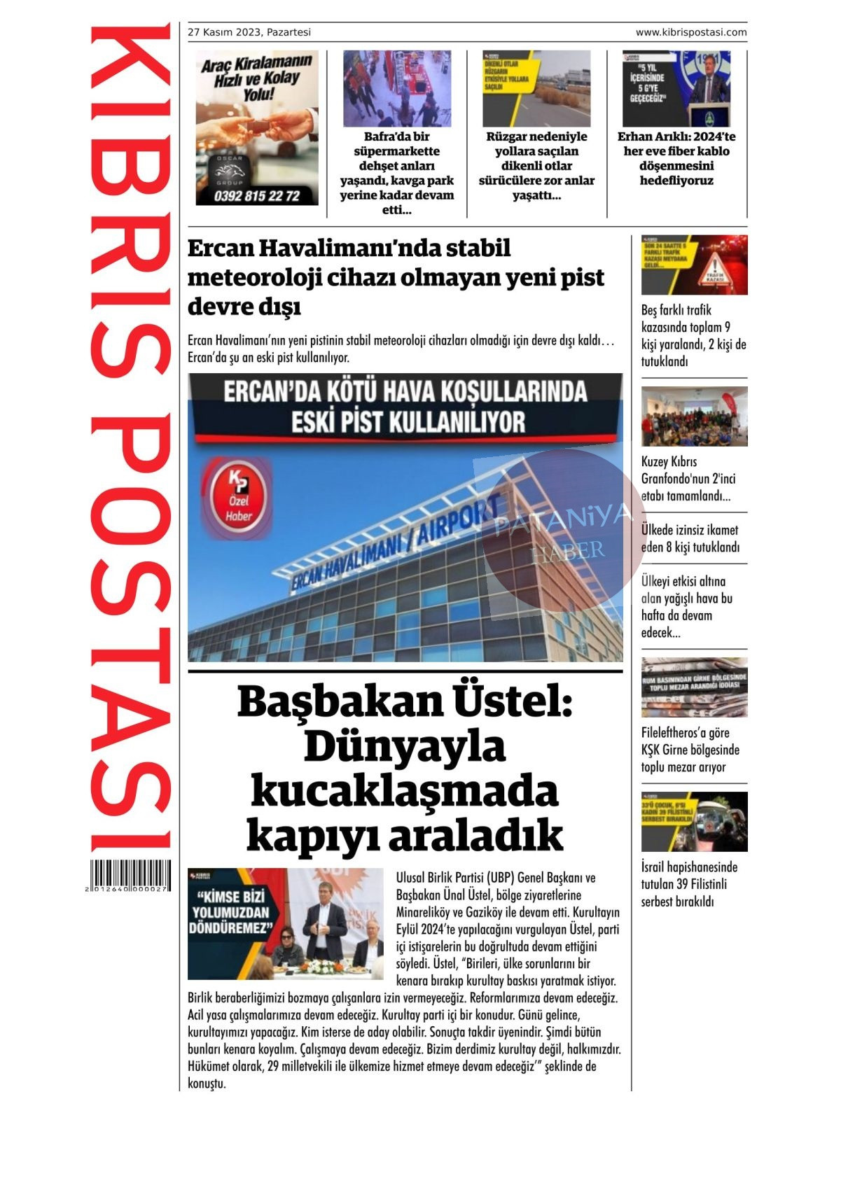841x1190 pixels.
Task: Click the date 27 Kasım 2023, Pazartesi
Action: tap(249, 32)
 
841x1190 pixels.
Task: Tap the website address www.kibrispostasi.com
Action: tap(690, 32)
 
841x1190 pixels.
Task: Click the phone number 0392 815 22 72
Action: tap(256, 196)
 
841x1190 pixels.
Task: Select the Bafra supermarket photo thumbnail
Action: tap(396, 88)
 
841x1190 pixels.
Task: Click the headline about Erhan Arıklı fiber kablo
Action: tap(676, 159)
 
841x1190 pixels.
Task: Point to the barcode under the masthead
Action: tap(130, 875)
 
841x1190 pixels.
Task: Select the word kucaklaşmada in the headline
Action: tap(405, 792)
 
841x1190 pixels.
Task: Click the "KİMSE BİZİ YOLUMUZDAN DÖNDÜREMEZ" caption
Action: tap(231, 912)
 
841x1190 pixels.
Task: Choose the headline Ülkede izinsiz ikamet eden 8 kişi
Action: tap(690, 538)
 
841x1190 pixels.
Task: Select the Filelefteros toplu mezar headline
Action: tap(690, 750)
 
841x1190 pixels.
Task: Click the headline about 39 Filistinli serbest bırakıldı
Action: tap(689, 884)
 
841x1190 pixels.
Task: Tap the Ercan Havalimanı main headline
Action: tap(396, 277)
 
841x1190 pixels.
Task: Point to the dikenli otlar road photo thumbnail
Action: tap(536, 88)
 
